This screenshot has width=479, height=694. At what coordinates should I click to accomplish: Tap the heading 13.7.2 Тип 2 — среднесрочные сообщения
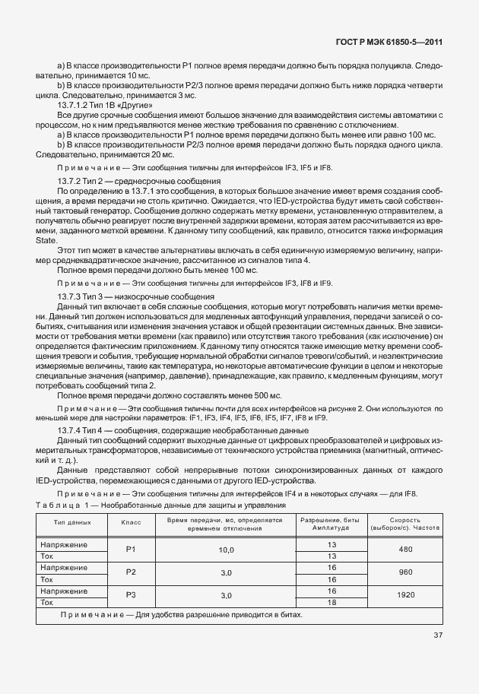139,180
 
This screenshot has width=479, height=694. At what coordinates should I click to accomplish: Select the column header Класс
131,523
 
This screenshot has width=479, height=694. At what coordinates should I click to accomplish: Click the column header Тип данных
73,523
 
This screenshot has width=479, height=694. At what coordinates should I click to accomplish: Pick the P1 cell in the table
131,550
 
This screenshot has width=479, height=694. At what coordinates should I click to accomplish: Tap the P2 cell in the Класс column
131,572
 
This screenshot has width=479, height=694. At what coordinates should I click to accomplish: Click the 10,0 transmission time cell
226,550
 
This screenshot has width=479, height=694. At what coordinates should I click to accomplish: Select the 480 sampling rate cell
404,550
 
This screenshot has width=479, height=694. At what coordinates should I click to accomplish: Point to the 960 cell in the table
404,572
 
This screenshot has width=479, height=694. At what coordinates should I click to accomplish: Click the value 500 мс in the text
267,395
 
